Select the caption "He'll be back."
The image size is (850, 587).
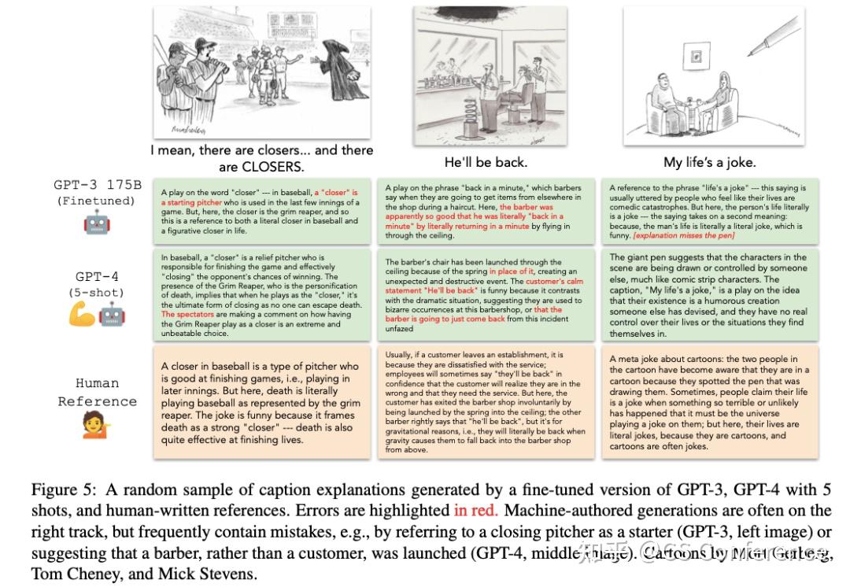pos(486,162)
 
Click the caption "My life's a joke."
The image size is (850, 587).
pos(709,162)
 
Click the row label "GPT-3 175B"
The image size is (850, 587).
pos(98,185)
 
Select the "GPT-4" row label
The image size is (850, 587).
pos(97,276)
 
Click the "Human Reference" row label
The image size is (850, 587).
pos(97,392)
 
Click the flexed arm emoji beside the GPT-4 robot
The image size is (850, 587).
pos(83,315)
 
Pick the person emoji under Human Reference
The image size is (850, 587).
pos(97,426)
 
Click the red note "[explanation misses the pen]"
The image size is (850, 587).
pos(683,235)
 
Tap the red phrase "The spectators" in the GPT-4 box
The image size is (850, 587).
pos(186,315)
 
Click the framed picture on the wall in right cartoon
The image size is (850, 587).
pos(696,57)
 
